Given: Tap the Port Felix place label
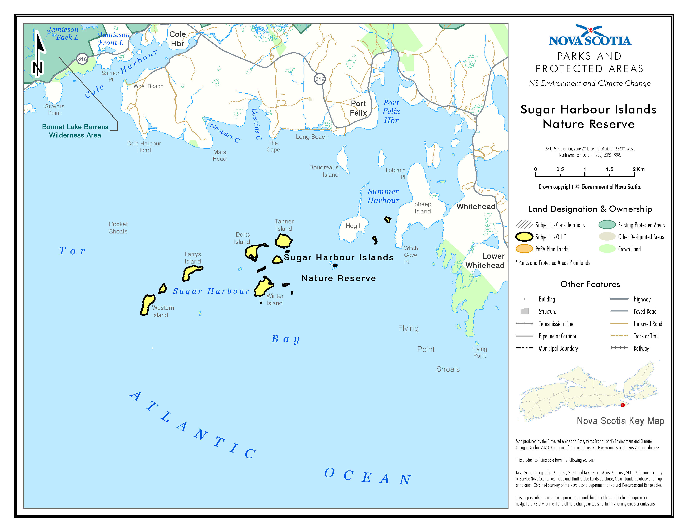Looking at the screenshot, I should coord(358,108).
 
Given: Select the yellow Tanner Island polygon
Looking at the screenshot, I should coord(284,241).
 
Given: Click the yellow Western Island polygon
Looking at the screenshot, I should coord(147,304).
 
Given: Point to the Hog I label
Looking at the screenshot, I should coord(353,226).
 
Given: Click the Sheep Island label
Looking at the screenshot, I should coord(422,208).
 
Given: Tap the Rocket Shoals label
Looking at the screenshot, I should coord(118,228).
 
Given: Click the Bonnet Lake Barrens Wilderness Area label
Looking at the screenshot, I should coord(75,131).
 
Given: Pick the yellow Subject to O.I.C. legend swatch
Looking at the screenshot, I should coord(524,237).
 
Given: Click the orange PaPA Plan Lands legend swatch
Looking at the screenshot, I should coord(524,249).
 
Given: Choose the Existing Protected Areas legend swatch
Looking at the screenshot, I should coord(607,225).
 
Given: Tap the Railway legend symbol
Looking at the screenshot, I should coord(619,348).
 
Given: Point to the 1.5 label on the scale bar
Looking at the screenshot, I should coord(609,169).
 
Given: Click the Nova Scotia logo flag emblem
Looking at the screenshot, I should coord(590,31).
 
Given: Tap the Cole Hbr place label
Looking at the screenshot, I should coord(178,39).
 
